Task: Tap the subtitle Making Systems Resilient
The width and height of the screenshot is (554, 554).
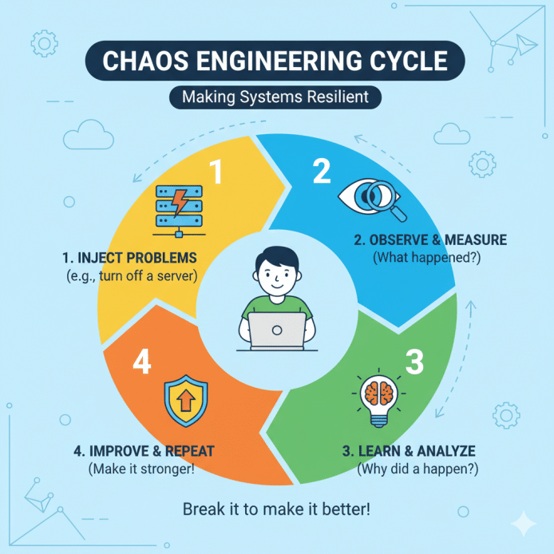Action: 276,98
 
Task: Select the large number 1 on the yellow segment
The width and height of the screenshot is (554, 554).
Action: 216,172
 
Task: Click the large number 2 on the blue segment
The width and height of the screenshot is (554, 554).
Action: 321,171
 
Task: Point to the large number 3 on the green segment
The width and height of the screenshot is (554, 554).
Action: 414,362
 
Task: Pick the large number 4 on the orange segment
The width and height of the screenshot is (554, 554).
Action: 141,363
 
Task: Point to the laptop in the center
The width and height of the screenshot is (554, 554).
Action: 276,330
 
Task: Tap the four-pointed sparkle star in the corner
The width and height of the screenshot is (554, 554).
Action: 524,524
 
